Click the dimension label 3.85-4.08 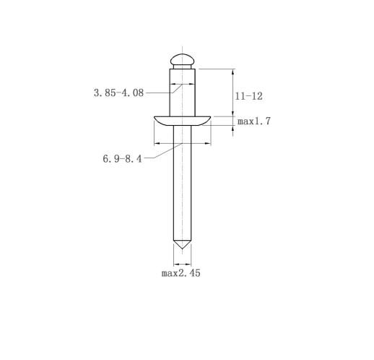tap(118, 93)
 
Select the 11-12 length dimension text tap(248, 96)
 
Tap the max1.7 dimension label tap(254, 121)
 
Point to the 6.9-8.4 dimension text tap(122, 158)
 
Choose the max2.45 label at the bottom tap(181, 273)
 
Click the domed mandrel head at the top tap(182, 59)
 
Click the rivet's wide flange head tap(182, 121)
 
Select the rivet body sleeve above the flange tap(182, 93)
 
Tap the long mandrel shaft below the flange tap(182, 183)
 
